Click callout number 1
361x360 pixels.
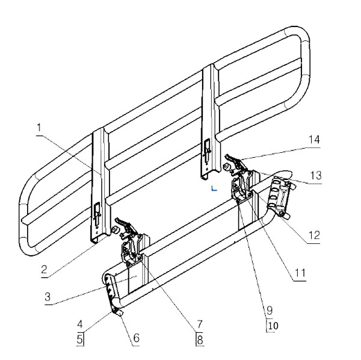[39, 128]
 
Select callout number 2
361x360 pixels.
[44, 269]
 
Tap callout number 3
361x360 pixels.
[48, 297]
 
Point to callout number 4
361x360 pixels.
[79, 324]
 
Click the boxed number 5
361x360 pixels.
[79, 340]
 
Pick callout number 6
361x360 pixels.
[137, 338]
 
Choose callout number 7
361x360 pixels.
[200, 324]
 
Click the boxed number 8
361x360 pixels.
[200, 340]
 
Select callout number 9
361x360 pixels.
[270, 311]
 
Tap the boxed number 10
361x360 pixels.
[273, 326]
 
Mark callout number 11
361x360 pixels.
[300, 273]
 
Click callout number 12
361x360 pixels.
[314, 235]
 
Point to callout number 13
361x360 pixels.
[316, 176]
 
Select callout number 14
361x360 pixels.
[314, 140]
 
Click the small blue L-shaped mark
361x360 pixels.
[214, 188]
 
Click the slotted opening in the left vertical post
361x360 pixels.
[97, 214]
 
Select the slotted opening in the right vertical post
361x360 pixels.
[207, 151]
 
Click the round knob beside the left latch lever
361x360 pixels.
[114, 230]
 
